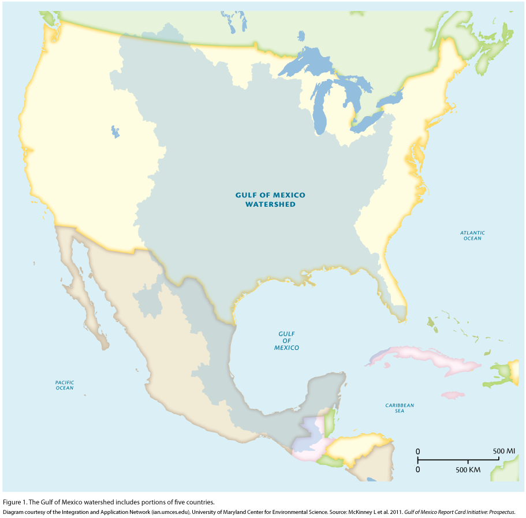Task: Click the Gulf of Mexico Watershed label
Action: [270, 200]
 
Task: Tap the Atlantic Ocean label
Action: [472, 236]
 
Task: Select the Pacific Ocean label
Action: [65, 385]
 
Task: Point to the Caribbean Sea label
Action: [400, 408]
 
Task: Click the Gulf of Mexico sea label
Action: [286, 341]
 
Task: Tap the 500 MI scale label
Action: [503, 450]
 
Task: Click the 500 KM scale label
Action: [468, 470]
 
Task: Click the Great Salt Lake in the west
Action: [115, 132]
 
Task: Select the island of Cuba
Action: [427, 358]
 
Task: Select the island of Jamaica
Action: [453, 396]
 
